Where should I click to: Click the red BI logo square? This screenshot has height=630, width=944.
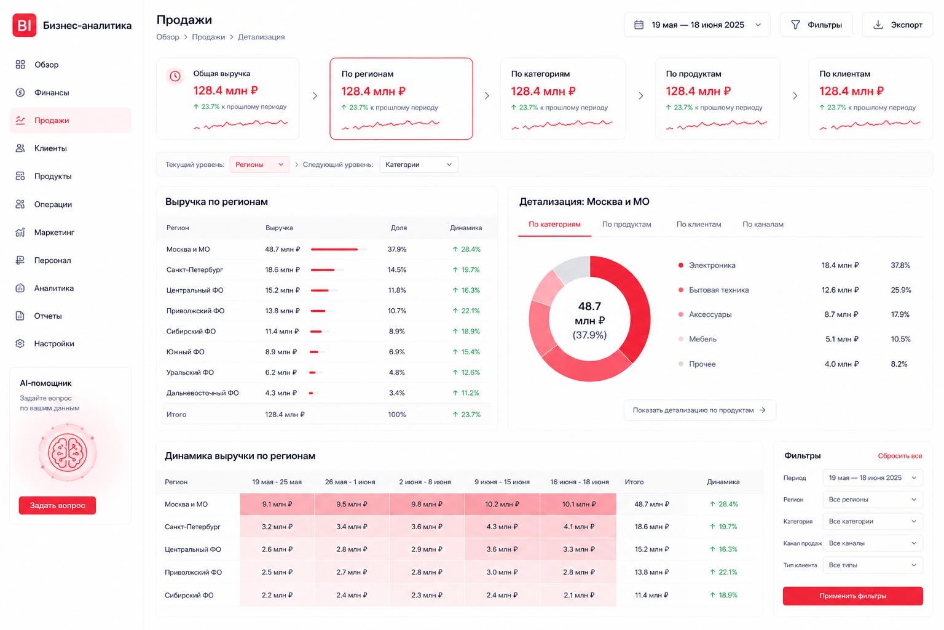tap(25, 25)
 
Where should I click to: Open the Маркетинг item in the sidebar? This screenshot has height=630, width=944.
tap(54, 233)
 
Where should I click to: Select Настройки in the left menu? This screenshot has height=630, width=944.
tap(54, 344)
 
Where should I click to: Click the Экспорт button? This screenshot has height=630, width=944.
tap(897, 25)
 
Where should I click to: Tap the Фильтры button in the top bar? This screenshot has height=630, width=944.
tap(816, 25)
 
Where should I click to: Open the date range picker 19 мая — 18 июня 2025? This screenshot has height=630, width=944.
tap(697, 25)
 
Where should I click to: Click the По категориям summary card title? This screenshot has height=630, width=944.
tap(540, 74)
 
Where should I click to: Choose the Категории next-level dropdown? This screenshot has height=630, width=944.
tap(419, 164)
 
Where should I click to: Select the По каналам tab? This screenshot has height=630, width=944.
tap(763, 225)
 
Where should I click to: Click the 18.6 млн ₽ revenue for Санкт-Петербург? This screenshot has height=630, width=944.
tap(282, 269)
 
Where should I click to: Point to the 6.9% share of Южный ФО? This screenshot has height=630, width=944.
tap(396, 352)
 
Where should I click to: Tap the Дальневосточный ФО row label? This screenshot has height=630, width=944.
tap(202, 393)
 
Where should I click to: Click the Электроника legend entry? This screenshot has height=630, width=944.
tap(712, 265)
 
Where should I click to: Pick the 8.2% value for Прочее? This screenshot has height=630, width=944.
tap(899, 364)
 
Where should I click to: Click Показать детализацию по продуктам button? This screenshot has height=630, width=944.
tap(699, 410)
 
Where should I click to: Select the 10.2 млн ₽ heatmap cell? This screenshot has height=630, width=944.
tap(502, 504)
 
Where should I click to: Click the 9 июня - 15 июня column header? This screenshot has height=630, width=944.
tap(502, 482)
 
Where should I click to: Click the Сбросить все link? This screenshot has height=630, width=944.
tap(900, 456)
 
